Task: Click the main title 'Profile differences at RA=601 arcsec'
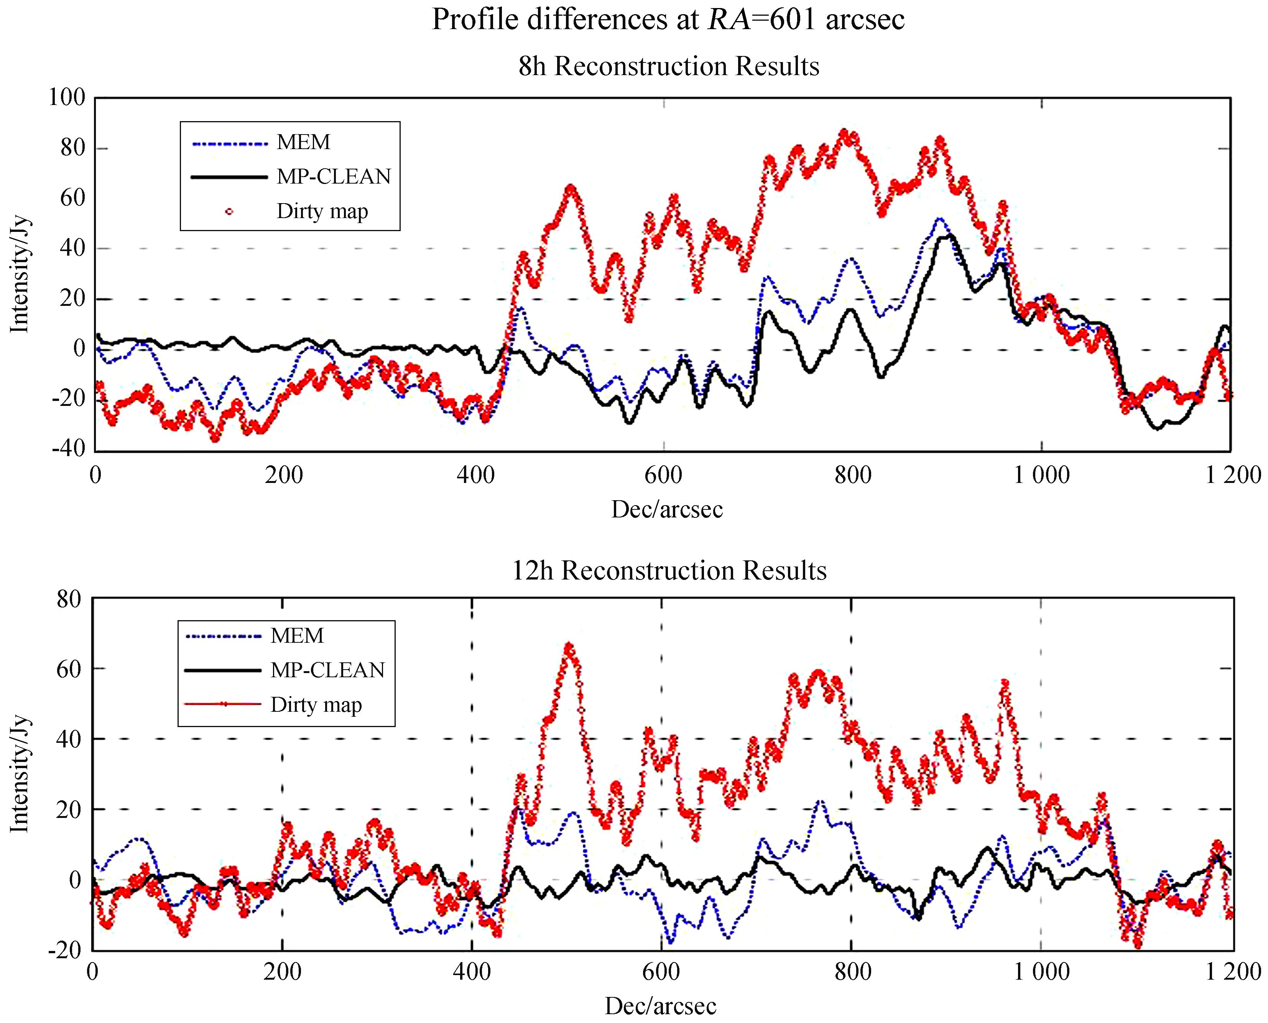click(x=668, y=20)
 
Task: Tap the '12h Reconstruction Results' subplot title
click(x=668, y=570)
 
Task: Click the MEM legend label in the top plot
click(x=304, y=142)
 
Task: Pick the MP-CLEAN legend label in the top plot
click(x=334, y=176)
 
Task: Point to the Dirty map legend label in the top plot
click(x=322, y=211)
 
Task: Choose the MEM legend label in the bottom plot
click(x=297, y=636)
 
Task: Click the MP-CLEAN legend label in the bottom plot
click(x=327, y=670)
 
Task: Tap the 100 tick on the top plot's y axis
click(x=67, y=97)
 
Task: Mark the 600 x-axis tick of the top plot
click(x=663, y=475)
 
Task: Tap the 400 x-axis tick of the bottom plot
click(x=472, y=972)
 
